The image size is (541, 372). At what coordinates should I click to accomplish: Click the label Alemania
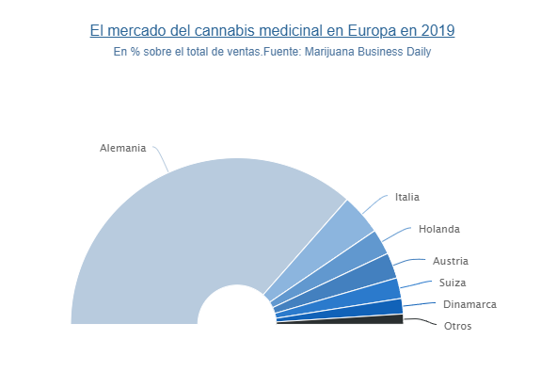point(123,148)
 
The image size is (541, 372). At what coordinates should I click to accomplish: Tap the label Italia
point(407,197)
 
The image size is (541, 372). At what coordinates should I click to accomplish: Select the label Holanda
point(439,229)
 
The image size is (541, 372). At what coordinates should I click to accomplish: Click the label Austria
point(451,261)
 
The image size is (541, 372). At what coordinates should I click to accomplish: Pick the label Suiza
point(453,283)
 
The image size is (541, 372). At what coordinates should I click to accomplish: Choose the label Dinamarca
point(469,304)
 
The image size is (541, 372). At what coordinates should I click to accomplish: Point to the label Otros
point(457,326)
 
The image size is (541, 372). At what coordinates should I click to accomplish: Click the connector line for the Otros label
point(421,321)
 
